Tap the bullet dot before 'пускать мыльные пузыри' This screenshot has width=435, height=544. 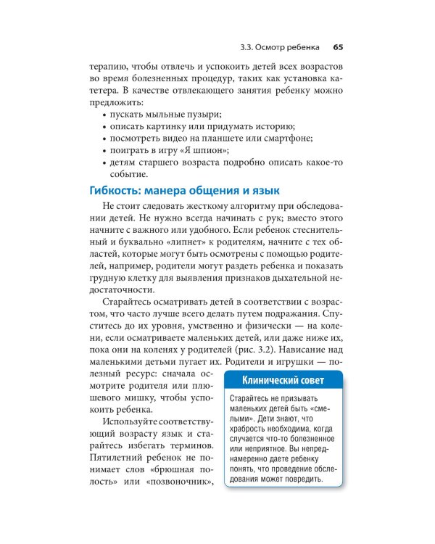point(106,115)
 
